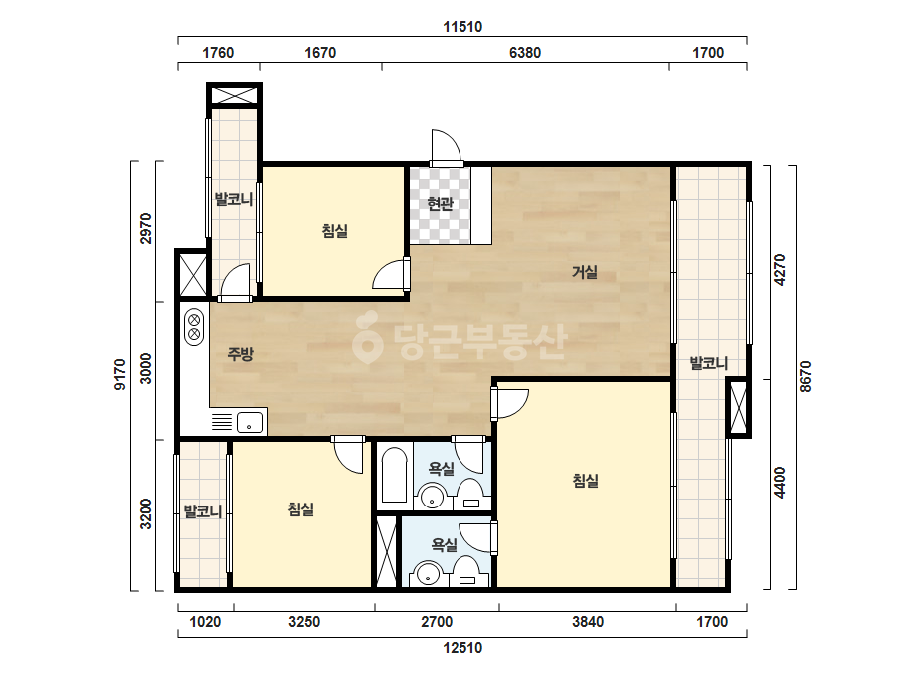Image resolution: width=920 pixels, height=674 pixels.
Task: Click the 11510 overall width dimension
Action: (462, 26)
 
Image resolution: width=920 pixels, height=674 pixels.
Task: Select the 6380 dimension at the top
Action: (525, 52)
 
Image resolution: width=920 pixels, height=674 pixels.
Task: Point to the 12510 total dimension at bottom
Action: (462, 648)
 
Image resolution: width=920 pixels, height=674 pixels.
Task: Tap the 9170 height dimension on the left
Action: (120, 375)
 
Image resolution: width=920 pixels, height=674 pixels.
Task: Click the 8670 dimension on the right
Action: (805, 376)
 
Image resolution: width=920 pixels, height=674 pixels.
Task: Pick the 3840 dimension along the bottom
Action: (588, 622)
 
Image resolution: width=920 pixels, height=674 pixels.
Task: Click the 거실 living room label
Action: (585, 272)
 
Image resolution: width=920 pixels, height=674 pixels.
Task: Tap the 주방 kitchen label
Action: (240, 353)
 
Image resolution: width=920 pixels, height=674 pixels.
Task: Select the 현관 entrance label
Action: (440, 204)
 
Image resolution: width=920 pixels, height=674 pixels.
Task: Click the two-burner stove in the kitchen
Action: (194, 327)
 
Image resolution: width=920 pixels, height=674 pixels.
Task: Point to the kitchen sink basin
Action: (250, 422)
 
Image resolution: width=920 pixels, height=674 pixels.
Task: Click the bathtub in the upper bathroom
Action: (394, 475)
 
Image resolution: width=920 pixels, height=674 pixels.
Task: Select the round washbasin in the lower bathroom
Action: (428, 574)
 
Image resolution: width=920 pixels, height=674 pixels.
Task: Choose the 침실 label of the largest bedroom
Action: (585, 481)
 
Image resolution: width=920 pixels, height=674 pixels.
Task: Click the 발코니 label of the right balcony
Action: (708, 363)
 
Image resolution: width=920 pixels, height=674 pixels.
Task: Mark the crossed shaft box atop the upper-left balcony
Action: (234, 95)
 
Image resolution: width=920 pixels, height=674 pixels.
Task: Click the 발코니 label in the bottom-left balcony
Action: (203, 511)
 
